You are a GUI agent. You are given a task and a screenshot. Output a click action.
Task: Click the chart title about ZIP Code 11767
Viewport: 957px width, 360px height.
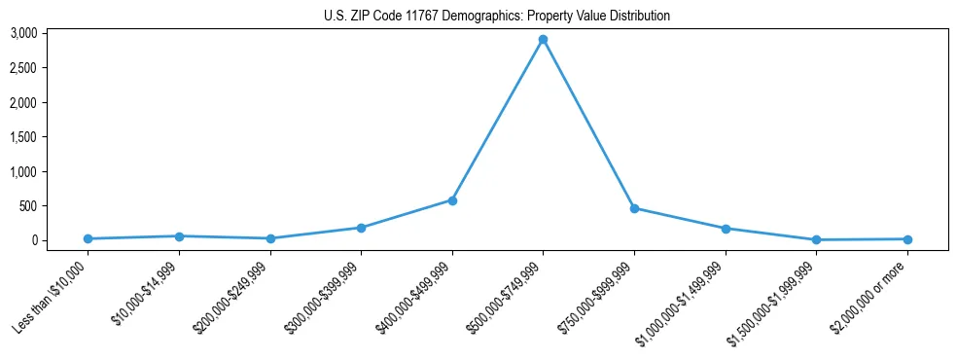pos(497,16)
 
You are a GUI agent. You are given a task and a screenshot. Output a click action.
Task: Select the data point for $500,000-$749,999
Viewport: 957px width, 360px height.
pos(543,40)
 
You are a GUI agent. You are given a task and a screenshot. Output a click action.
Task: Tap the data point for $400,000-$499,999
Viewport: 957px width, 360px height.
pos(452,200)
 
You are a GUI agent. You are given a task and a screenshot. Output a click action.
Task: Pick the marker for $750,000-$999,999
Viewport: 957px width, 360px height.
pos(634,208)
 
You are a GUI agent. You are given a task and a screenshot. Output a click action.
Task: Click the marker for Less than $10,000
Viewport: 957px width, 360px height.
pos(88,238)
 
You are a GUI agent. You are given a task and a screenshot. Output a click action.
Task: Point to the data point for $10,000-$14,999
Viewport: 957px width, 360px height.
pos(179,236)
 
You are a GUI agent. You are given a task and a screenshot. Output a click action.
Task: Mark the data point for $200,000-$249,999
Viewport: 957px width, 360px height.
pos(270,238)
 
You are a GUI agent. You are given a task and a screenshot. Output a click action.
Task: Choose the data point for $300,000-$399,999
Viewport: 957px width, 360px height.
pos(361,228)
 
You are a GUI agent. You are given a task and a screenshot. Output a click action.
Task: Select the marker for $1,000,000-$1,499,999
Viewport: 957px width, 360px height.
pos(725,229)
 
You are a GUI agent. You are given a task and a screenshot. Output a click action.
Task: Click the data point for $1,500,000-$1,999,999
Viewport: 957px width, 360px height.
pos(816,239)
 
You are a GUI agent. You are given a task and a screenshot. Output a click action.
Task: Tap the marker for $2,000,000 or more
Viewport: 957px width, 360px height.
pos(907,239)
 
